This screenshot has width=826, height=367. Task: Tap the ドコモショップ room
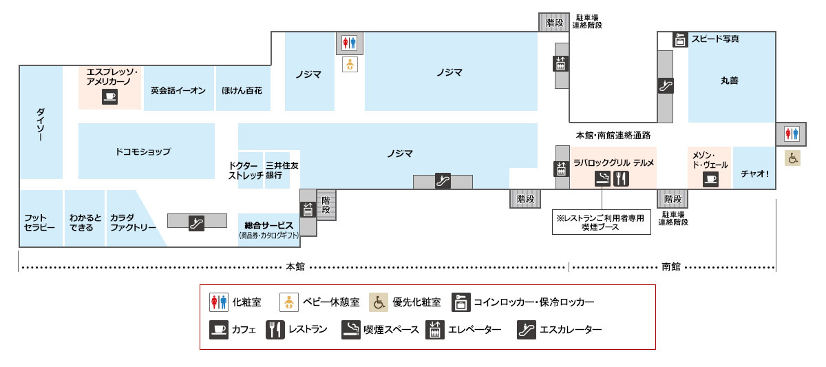point(143,151)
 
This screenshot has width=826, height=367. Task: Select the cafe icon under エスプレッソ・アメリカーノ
point(110,96)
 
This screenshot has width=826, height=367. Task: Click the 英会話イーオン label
point(178,90)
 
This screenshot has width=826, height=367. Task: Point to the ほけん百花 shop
point(242,90)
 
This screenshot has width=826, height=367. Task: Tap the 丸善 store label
point(729,81)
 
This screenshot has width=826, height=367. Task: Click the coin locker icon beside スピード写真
point(680,40)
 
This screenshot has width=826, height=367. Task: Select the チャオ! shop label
point(754,174)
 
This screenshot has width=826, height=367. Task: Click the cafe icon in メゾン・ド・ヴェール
point(710,179)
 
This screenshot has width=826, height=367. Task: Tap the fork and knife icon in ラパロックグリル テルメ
point(621,179)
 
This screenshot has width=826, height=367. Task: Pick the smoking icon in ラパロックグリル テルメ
point(602,179)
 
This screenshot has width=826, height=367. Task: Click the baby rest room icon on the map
point(350,65)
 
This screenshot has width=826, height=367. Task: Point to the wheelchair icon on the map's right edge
point(793,158)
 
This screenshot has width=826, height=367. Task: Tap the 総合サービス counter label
point(269,226)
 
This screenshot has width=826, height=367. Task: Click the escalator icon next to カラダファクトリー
point(197,222)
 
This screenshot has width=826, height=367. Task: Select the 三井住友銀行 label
point(277,171)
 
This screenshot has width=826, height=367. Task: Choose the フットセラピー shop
point(39,222)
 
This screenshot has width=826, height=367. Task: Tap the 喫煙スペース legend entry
point(381,330)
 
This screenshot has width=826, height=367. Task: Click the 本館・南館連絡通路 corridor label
point(613,135)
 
